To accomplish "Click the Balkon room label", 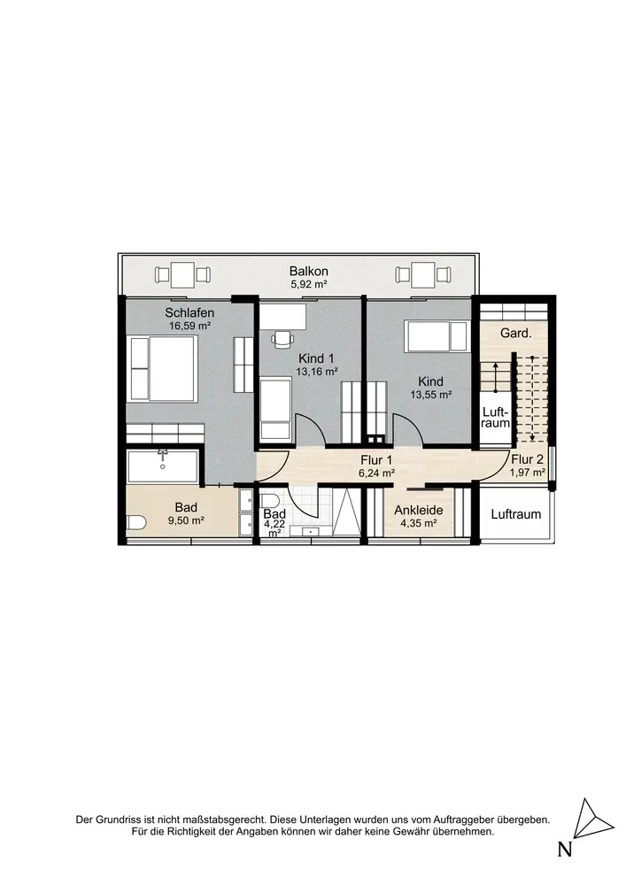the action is (x=309, y=272).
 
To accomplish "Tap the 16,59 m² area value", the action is (x=189, y=326).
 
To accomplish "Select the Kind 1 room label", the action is (x=317, y=358).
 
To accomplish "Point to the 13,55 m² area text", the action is (x=430, y=395).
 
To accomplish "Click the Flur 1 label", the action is (x=376, y=461).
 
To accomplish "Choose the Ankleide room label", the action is (x=418, y=511).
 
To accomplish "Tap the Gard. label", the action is (x=516, y=334).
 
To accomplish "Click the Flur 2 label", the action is (x=527, y=459).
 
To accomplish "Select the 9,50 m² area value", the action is (x=186, y=521).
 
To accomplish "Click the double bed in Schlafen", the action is (x=163, y=367).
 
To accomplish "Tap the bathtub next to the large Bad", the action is (x=163, y=466).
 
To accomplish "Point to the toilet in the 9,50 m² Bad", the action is (x=135, y=523).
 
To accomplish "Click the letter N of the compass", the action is (x=565, y=849).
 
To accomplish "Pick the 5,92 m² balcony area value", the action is (x=309, y=284).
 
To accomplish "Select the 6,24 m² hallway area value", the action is (x=376, y=473).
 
